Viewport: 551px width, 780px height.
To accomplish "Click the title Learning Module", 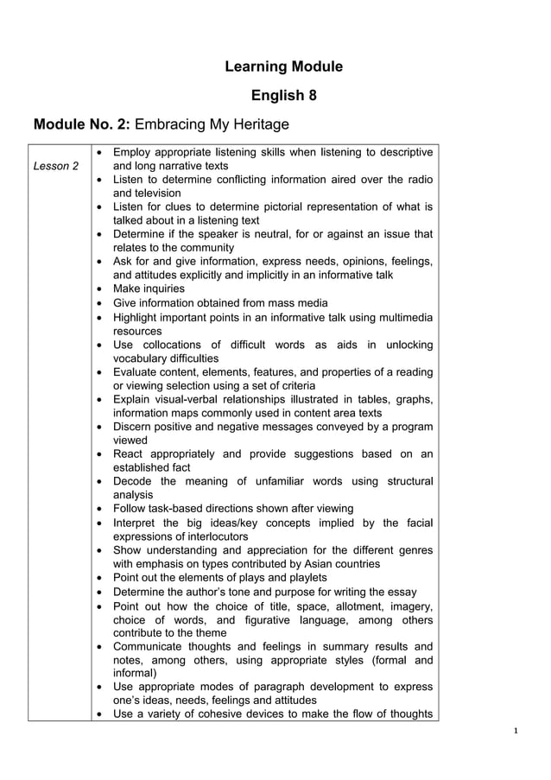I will coord(283,67).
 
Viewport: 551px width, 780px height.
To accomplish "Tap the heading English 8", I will coord(283,95).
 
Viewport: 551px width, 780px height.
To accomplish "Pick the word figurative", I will coord(275,618).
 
